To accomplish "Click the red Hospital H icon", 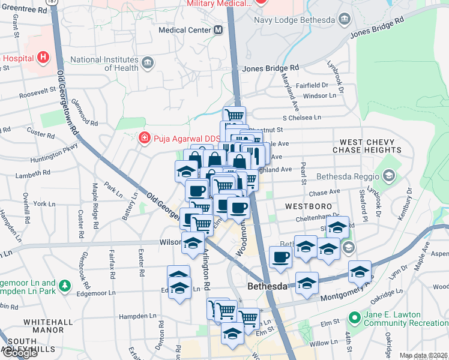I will click(x=43, y=58).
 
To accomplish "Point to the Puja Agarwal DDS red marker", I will click(x=144, y=139).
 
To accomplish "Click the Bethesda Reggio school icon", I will click(x=388, y=176).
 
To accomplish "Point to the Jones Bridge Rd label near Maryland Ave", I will click(x=270, y=68).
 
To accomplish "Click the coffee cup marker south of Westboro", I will click(x=280, y=257).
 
